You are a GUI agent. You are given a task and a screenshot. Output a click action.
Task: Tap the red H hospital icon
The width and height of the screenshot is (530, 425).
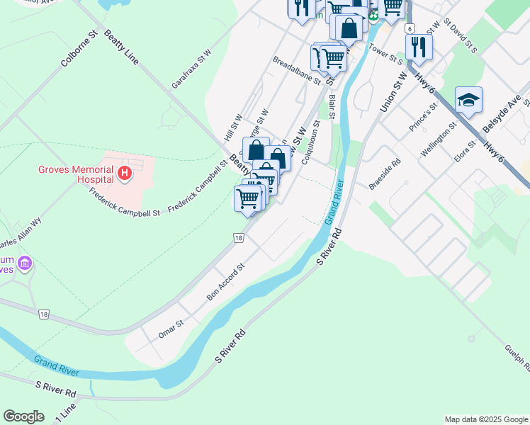(x=125, y=172)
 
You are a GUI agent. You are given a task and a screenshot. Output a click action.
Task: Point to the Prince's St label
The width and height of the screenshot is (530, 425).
(x=424, y=116)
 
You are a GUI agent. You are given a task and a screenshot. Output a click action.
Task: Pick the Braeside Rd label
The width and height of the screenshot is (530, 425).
(x=385, y=174)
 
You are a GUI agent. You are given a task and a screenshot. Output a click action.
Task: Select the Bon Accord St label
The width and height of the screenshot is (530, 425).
(x=226, y=281)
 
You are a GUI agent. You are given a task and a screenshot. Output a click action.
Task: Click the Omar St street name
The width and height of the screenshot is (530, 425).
(x=171, y=328)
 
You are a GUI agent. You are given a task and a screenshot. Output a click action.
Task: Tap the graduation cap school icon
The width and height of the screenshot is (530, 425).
(x=468, y=101)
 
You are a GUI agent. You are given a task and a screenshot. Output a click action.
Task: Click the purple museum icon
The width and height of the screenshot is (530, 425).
(x=26, y=264)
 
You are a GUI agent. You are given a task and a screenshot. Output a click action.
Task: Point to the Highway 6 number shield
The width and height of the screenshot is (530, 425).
(x=410, y=28)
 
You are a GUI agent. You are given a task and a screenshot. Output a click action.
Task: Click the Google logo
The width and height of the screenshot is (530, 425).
(x=23, y=416)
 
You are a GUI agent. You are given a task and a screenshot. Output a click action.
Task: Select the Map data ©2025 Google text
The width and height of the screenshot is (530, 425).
(x=487, y=419)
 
